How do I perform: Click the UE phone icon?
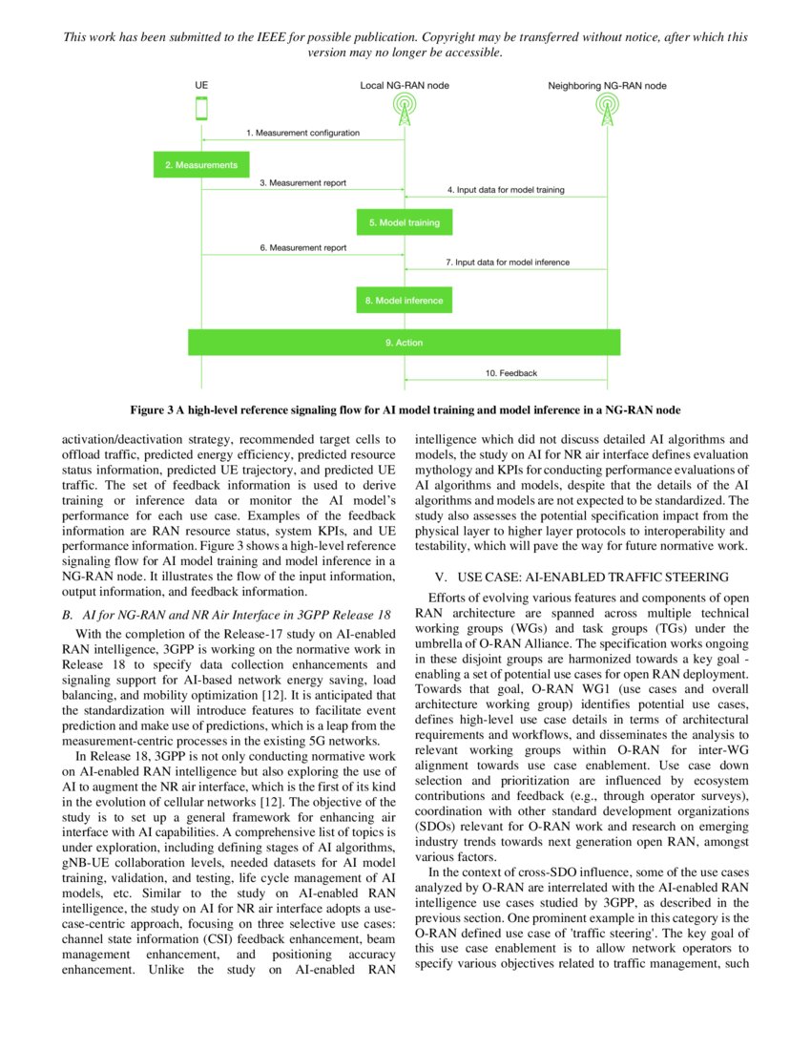(201, 109)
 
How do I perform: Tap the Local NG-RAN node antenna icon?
(405, 110)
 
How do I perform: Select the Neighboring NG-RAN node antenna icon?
(607, 110)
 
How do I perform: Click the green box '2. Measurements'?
(200, 165)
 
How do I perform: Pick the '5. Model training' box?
(405, 222)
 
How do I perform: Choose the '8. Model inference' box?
(404, 301)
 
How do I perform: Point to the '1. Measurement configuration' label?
(302, 133)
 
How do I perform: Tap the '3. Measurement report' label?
(302, 182)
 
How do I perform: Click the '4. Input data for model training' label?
(506, 190)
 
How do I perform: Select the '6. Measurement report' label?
(302, 247)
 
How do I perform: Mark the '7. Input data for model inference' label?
(508, 262)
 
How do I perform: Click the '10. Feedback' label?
(511, 373)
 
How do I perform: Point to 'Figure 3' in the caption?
(152, 410)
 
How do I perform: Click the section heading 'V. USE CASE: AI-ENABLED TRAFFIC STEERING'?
(581, 577)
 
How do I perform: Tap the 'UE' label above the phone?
(201, 86)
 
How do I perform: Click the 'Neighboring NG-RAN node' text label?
(607, 86)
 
